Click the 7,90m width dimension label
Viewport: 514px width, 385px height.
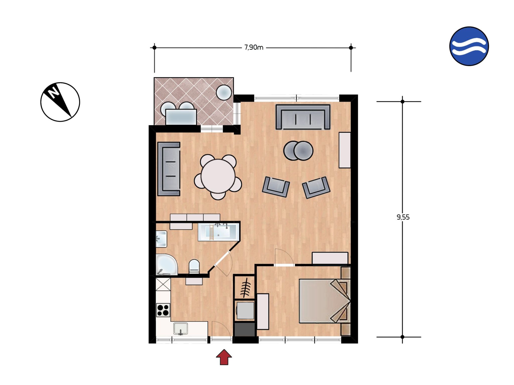pos(254,47)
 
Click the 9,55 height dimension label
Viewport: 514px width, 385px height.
pos(403,217)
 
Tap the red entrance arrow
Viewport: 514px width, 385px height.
pos(224,357)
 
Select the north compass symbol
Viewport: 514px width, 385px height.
pos(60,102)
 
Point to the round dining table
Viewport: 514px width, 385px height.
pos(218,176)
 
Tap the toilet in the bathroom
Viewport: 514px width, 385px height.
pos(194,266)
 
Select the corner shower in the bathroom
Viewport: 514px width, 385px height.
pos(166,265)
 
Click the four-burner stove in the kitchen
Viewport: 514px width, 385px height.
pos(163,310)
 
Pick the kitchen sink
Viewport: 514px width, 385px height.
pos(180,329)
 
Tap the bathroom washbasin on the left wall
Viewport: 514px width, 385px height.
pos(161,239)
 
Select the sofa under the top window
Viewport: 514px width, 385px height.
pos(303,117)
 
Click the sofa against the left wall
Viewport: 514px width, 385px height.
pos(169,169)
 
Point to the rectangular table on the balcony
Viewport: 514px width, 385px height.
pos(181,117)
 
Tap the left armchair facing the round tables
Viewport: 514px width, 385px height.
pos(276,187)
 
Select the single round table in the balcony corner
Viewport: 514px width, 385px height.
pos(224,92)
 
